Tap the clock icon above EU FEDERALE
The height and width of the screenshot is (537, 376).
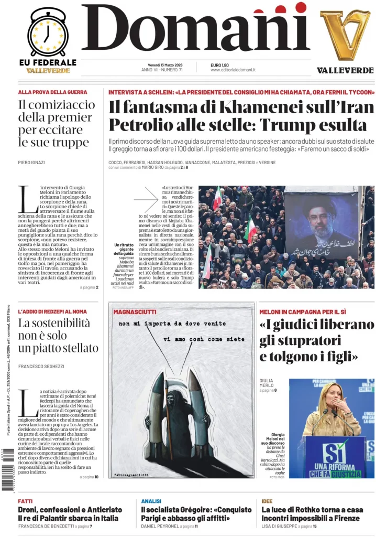(x=47, y=33)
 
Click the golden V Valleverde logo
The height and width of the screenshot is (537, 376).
(x=345, y=35)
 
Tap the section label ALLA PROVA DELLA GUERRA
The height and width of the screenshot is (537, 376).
(x=52, y=92)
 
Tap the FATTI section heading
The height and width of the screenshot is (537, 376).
(x=25, y=501)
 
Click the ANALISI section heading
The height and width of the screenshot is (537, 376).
(x=151, y=501)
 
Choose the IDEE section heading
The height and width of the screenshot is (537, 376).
(x=267, y=501)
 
